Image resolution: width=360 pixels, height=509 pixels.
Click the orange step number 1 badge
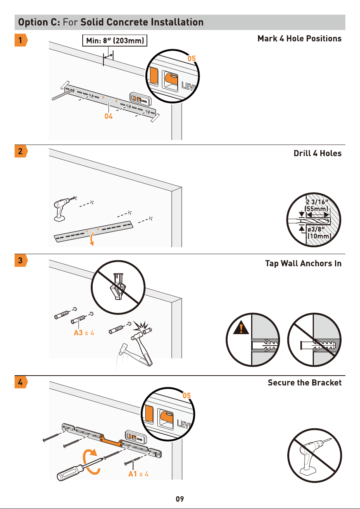[21, 40]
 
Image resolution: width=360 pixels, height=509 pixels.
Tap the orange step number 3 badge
[21, 260]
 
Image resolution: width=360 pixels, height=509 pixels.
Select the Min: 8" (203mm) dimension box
[115, 40]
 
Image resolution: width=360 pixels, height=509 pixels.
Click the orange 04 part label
[108, 116]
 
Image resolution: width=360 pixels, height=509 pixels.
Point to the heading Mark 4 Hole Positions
[299, 38]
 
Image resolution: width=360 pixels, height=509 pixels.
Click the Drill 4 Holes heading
[318, 153]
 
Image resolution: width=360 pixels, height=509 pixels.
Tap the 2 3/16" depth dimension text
[317, 202]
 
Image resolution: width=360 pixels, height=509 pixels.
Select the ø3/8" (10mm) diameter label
[319, 233]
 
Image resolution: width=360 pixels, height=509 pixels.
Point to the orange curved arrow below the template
[92, 239]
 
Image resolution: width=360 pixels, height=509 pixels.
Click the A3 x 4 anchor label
[84, 333]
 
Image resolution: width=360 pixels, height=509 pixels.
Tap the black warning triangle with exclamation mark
[241, 328]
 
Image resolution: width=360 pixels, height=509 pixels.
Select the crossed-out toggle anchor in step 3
[118, 287]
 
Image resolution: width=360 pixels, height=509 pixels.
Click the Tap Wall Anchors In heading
[303, 264]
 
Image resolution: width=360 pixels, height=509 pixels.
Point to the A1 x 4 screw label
[138, 474]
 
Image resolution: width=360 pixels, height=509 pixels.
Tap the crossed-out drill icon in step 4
[315, 456]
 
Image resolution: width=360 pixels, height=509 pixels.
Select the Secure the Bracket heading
[305, 383]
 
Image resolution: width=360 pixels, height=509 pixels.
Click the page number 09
[180, 499]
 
